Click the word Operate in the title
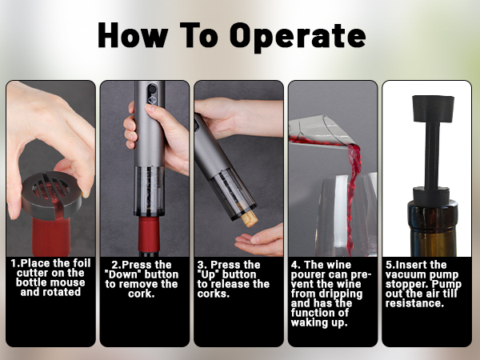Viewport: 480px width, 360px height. (x=298, y=36)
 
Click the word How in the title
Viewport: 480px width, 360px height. (x=133, y=35)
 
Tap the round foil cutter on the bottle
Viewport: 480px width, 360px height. (x=51, y=195)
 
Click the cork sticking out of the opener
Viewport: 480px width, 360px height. (x=249, y=218)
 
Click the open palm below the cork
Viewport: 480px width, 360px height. (x=259, y=241)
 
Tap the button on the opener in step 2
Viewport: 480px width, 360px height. (x=152, y=90)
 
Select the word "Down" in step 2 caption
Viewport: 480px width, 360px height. (x=125, y=274)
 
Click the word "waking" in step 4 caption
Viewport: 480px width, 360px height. (x=309, y=323)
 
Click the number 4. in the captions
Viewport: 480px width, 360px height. (x=295, y=265)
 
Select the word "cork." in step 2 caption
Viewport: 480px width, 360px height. (x=141, y=294)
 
